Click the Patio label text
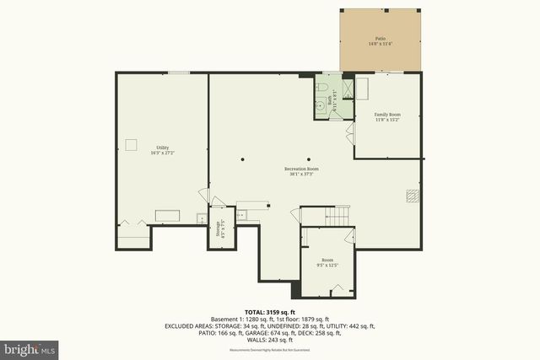click(x=380, y=39)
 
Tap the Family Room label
click(x=387, y=115)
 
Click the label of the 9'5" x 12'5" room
click(x=327, y=261)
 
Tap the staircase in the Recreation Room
click(x=337, y=216)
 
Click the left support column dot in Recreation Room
click(x=242, y=158)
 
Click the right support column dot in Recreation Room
click(x=309, y=158)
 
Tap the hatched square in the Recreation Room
click(x=411, y=195)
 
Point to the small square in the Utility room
click(x=132, y=144)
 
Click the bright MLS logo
click(x=30, y=347)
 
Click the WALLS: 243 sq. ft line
click(x=269, y=339)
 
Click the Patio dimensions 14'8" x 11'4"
click(x=380, y=44)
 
